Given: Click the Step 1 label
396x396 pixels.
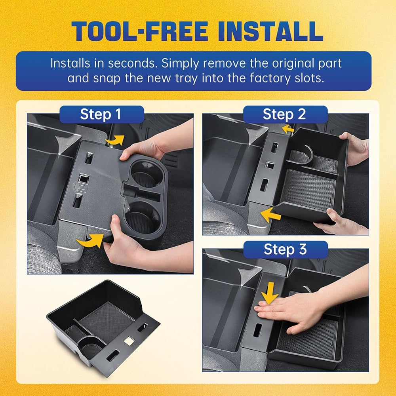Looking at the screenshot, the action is pos(101,114).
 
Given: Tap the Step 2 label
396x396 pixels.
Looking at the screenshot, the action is pos(284,114).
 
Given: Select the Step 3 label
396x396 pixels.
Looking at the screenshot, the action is pos(286,249).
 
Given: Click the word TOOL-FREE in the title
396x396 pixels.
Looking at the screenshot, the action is pos(141,31).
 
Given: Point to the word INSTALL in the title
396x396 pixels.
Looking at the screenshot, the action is pos(270,31).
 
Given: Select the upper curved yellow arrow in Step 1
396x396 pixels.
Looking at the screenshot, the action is pos(115,140).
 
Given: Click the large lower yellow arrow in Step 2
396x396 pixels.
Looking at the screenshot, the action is pos(270,215).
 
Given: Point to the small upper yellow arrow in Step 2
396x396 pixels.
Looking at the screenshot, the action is pos(288,129).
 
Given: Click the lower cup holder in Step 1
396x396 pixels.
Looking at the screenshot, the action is pos(142,217).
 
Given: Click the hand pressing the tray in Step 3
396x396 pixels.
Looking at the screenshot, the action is pos(301,310).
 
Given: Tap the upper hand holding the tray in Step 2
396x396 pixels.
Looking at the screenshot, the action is pos(354,149).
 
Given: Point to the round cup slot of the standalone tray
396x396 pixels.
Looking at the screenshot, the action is pos(91,346).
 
